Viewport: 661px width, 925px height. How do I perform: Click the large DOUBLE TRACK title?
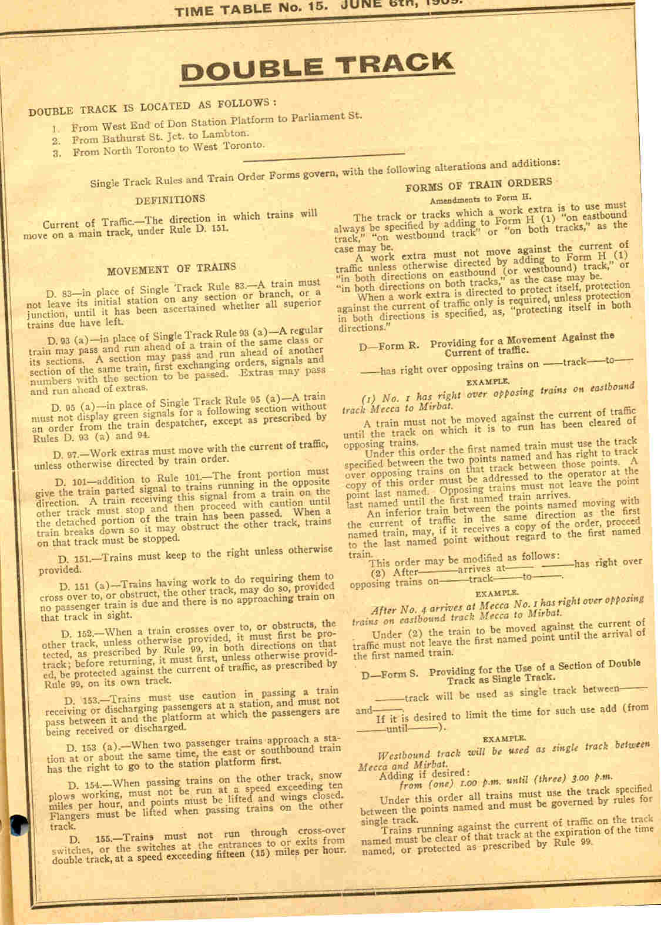click(317, 66)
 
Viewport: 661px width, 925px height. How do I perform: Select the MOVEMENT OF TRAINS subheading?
click(171, 268)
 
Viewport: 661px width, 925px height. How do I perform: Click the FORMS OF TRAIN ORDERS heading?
click(478, 183)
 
